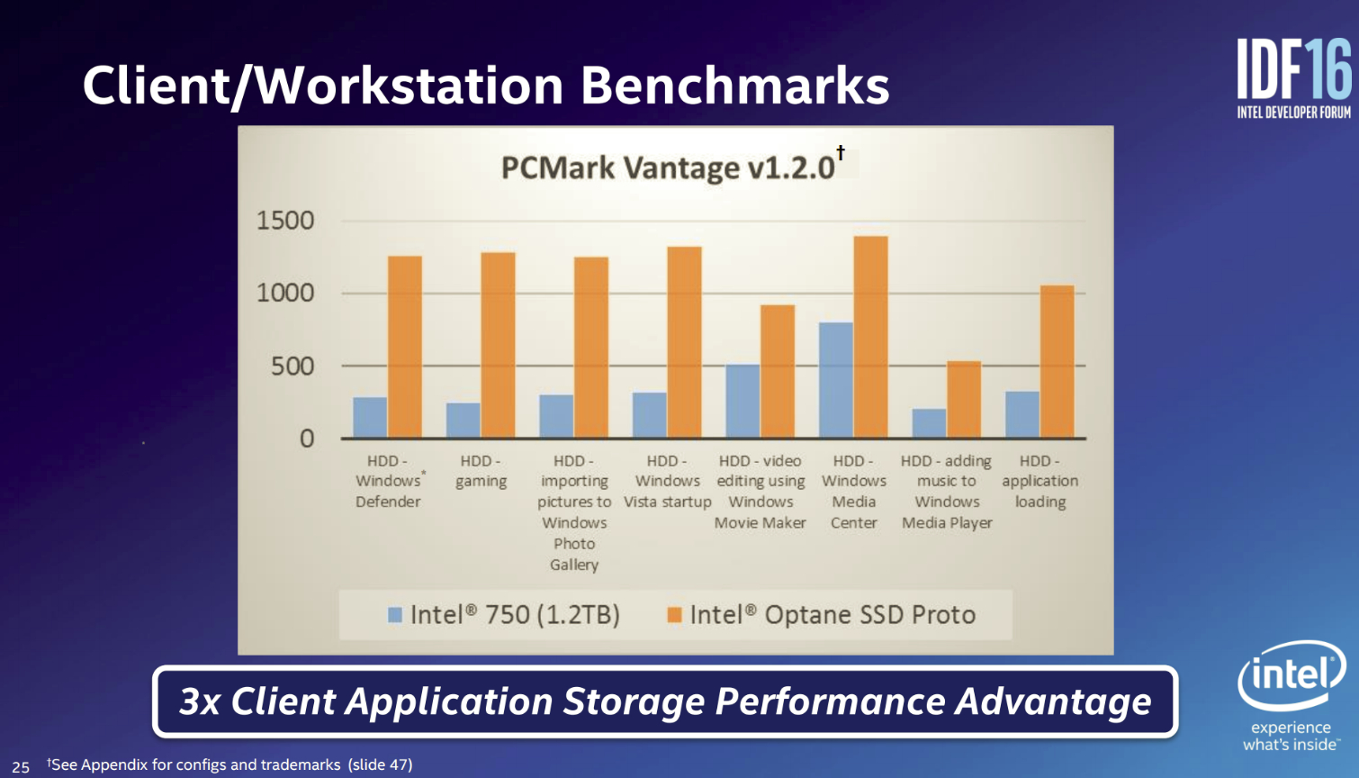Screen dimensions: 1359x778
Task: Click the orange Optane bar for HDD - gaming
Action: coord(498,345)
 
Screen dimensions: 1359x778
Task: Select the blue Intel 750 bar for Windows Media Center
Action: coord(835,380)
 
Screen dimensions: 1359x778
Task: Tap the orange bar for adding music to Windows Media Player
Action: coord(964,399)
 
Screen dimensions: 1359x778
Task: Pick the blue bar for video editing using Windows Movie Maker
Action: coord(742,401)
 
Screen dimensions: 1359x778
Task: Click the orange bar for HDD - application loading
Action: coord(1057,362)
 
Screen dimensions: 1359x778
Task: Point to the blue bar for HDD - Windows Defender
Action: coord(370,418)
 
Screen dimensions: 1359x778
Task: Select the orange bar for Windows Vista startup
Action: coord(684,342)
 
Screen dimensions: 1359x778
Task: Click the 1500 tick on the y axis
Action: coord(285,221)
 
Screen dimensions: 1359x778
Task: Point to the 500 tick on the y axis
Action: coord(292,366)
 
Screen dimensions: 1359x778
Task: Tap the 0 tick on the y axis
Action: coord(307,439)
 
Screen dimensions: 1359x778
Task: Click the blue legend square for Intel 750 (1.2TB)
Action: coord(395,615)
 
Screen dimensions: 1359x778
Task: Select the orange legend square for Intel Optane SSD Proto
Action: coord(674,615)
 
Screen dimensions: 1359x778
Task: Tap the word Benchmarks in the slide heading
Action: coord(734,86)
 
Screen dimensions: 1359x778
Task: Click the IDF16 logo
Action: coord(1294,77)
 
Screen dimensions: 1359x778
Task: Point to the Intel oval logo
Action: coord(1291,674)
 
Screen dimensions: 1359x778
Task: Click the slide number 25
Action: coord(21,767)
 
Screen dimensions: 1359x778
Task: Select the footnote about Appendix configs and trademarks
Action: coord(229,764)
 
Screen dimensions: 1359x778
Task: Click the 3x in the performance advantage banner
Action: coord(200,701)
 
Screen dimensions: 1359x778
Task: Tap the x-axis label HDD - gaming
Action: coord(481,472)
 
